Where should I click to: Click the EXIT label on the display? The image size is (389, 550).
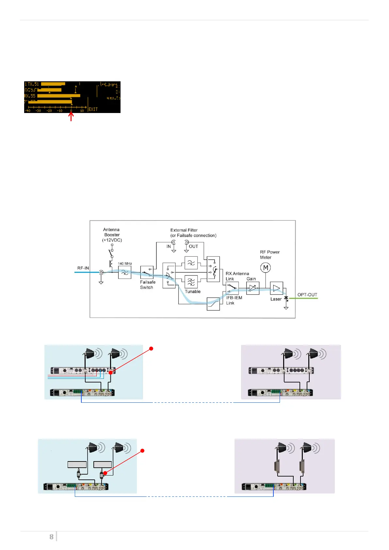pos(93,109)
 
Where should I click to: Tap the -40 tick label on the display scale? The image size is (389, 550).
pos(28,111)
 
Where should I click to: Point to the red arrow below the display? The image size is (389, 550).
pos(71,117)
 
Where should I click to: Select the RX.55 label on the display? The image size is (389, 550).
pos(30,96)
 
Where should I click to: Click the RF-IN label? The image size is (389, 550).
pos(83,268)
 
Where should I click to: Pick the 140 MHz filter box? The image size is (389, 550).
pos(124,272)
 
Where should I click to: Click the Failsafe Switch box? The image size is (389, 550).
pos(147,272)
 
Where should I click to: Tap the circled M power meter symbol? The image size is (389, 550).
pos(266,268)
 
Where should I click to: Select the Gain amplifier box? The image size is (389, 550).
pos(252,288)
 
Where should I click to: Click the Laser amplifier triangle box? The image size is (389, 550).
pos(276,288)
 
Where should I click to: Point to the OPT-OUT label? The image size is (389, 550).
pos(307,295)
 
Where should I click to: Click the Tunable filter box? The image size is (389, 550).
pos(191,282)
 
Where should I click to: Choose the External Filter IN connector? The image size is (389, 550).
pos(173,242)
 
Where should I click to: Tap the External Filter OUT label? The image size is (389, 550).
pos(193,247)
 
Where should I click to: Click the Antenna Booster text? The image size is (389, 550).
pos(112,235)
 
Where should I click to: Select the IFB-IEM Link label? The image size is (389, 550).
pos(234,300)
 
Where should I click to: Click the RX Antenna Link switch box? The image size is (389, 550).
pos(232,288)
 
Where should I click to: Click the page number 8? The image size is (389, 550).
pos(51,537)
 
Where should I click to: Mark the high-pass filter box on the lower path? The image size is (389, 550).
pos(213,304)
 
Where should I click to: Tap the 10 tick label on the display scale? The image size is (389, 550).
pos(82,111)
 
